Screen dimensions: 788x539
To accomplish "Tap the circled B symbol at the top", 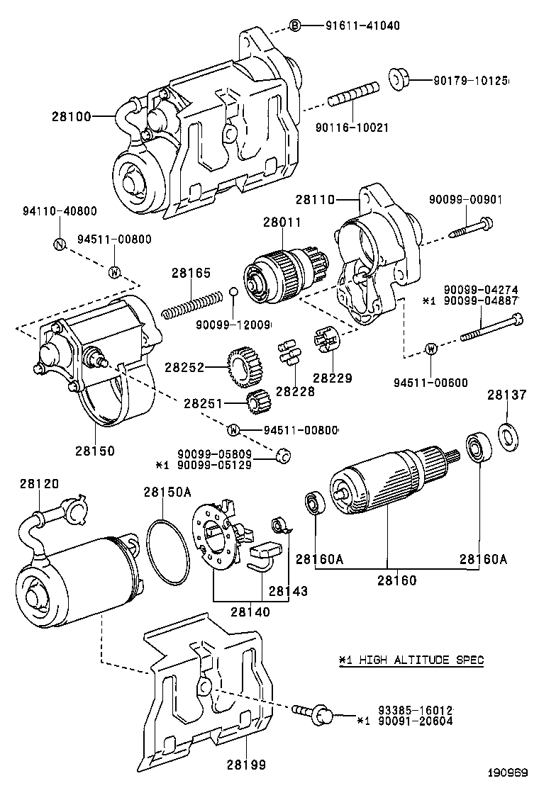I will point(295,26).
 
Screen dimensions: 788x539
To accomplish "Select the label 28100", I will point(71,116).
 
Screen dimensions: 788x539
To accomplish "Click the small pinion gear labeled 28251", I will point(255,403).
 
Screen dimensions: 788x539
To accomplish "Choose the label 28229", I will point(333,378).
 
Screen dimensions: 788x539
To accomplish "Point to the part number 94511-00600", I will point(430,383).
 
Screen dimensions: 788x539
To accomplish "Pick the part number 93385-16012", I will point(416,710).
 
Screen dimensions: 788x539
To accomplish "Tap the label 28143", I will point(288,590).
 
